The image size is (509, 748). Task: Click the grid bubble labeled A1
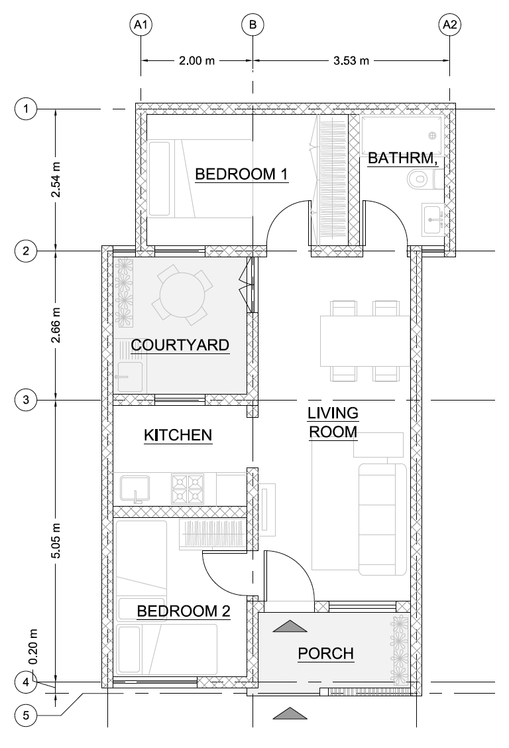pos(141,25)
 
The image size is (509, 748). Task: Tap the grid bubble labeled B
pos(253,25)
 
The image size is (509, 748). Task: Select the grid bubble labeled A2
pos(450,25)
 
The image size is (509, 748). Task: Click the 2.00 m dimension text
pos(197,60)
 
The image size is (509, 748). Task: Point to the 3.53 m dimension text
pos(351,60)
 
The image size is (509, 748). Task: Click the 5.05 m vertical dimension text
pos(56,540)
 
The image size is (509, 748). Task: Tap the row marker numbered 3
pos(26,400)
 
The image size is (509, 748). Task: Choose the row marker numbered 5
pos(26,715)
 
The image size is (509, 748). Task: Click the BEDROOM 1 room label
pos(242,174)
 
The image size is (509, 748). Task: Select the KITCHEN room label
pos(178,435)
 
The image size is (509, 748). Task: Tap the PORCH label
pos(326,654)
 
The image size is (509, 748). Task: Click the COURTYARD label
pos(180,345)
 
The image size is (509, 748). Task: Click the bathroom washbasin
pos(433,219)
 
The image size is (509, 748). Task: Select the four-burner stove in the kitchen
pos(188,489)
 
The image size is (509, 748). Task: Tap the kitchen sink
pos(135,489)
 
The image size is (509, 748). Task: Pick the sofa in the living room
pos(382,519)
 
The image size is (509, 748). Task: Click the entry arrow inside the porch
pos(290,627)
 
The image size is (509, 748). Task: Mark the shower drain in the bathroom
pos(432,136)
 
